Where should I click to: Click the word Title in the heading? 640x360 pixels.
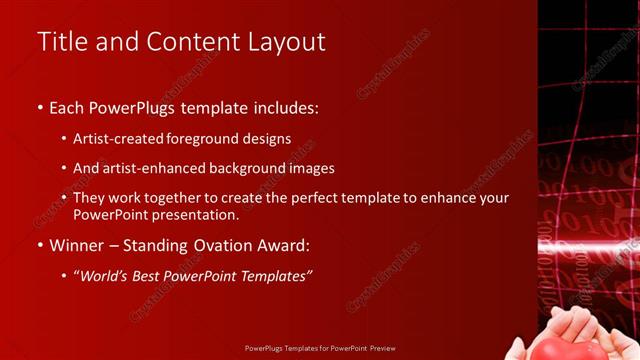[59, 42]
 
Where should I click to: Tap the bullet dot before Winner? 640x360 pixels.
[40, 246]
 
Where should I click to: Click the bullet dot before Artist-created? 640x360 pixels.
[65, 140]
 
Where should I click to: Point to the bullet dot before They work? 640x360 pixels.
[65, 198]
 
